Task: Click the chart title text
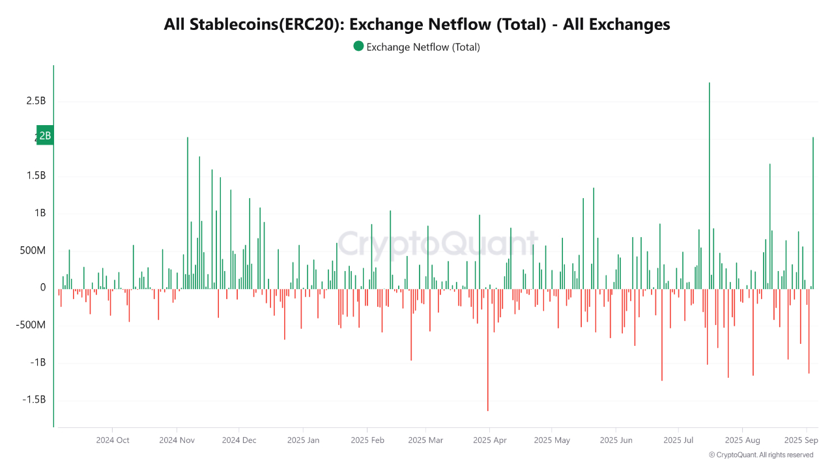[x=417, y=24]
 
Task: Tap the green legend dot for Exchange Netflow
[x=358, y=46]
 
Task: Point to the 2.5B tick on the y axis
[x=36, y=101]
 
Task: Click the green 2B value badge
[x=44, y=135]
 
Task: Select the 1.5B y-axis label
[x=36, y=176]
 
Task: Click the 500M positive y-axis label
[x=33, y=251]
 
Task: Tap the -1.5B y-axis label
[x=35, y=400]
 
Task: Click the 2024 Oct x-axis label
[x=113, y=440]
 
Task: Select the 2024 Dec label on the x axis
[x=239, y=440]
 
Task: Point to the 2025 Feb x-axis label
[x=367, y=440]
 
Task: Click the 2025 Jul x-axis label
[x=678, y=440]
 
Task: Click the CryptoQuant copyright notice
[x=760, y=455]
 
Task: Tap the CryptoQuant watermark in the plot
[x=438, y=244]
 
